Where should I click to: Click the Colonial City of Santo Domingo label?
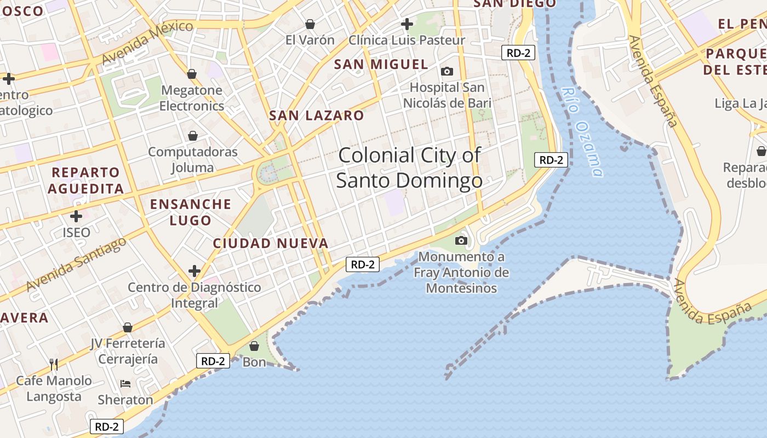409,168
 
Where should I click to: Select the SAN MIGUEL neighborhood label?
381,64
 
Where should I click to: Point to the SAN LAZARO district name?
316,116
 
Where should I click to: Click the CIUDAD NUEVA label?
271,243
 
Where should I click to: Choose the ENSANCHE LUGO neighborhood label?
191,212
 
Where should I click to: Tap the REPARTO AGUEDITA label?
85,180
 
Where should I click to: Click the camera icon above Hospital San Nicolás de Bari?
447,71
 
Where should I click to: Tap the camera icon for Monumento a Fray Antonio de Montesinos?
461,240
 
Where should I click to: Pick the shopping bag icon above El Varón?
310,24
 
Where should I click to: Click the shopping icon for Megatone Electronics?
192,73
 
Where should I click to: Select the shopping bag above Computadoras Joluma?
193,135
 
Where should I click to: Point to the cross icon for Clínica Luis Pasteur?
407,24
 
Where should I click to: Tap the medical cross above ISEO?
76,216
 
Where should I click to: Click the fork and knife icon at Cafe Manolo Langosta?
54,364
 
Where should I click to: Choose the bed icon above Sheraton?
125,384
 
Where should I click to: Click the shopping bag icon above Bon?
254,346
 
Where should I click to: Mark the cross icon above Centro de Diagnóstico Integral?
194,271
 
